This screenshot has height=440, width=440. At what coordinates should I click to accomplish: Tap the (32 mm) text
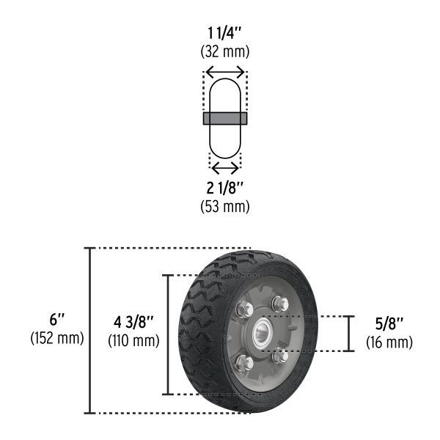pos(224,51)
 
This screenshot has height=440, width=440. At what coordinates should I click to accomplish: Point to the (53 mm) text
pos(224,205)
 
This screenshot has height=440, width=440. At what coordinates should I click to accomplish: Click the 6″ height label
pos(57,320)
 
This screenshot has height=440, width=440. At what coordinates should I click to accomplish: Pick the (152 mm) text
pos(57,338)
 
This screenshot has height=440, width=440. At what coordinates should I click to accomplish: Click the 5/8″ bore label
pos(389,324)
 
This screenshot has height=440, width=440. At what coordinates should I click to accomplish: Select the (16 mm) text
pos(389,342)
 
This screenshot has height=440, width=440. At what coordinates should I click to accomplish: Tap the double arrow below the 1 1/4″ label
pos(225,72)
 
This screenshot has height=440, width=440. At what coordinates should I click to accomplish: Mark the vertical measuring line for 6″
pos(90,331)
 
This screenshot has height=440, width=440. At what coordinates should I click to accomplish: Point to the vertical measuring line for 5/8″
pos(348,334)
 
